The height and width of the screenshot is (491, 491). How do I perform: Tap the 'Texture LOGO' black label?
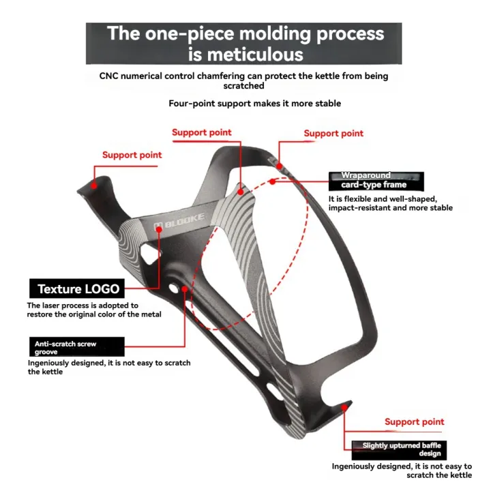tap(78, 288)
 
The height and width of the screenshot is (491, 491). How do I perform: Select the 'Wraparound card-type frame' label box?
tap(376, 180)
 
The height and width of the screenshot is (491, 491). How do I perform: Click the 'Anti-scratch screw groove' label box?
tap(77, 346)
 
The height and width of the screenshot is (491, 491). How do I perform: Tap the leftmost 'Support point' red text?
tap(132, 155)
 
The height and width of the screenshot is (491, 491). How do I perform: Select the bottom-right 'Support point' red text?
tap(414, 422)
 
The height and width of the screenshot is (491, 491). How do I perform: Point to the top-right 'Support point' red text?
tap(333, 133)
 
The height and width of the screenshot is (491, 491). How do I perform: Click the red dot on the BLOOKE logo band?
tap(160, 230)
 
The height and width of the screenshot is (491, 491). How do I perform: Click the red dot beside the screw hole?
tap(185, 288)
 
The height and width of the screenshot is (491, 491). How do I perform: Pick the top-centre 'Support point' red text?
tap(201, 132)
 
